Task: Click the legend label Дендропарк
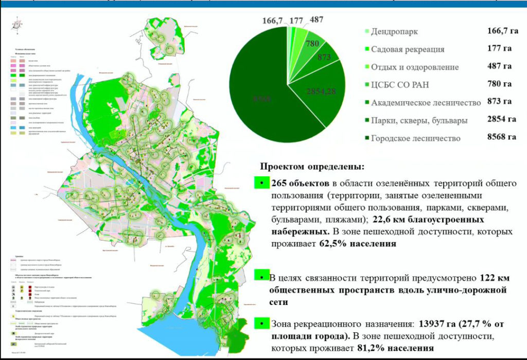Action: point(394,32)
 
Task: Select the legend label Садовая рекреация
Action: point(408,49)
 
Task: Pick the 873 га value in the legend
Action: point(499,102)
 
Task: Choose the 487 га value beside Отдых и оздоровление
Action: point(499,66)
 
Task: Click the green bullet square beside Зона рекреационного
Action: point(262,323)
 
